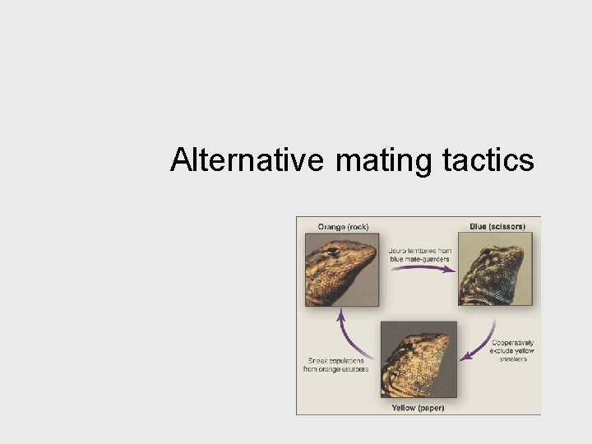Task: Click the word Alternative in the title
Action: tap(247, 160)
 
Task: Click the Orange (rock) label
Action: tap(343, 226)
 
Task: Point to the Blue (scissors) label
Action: tap(497, 226)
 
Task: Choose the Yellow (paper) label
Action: tap(419, 407)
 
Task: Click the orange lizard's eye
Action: tap(333, 252)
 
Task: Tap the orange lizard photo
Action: tap(342, 270)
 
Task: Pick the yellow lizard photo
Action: tap(419, 358)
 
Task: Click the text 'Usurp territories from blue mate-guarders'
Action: tap(419, 254)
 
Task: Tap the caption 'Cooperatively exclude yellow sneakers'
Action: tap(512, 351)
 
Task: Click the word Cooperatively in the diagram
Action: tap(512, 343)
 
